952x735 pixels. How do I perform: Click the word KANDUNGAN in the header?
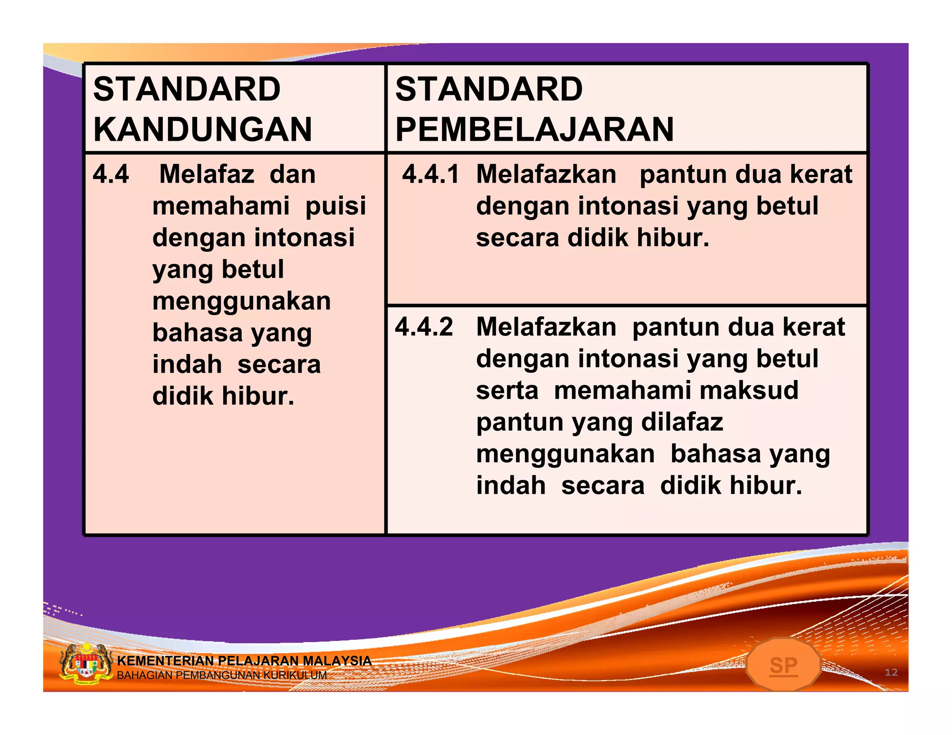tap(203, 129)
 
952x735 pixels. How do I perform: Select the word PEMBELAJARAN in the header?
tap(535, 129)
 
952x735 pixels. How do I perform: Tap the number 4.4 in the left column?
tap(111, 174)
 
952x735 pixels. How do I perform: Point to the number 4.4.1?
tap(430, 174)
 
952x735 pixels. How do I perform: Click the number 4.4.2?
tap(423, 327)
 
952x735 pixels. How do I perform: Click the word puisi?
tap(336, 206)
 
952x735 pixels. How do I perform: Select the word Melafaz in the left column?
tap(207, 174)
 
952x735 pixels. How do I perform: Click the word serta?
tap(507, 390)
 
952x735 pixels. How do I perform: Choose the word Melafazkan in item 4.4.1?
tap(546, 174)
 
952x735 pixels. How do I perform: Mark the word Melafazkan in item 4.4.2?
tap(546, 327)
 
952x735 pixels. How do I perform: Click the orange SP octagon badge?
tap(783, 665)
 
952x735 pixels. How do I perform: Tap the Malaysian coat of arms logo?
tap(86, 664)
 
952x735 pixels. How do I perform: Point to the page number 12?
tap(891, 672)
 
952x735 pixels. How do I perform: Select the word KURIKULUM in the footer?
tap(295, 675)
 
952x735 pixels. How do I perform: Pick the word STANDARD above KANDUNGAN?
tap(187, 89)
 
